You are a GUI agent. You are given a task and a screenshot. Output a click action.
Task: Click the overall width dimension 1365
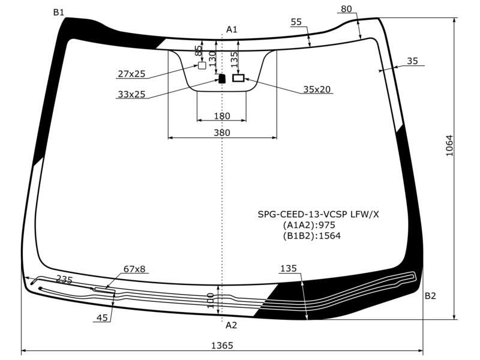(222, 346)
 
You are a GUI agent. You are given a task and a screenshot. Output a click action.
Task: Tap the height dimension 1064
(449, 145)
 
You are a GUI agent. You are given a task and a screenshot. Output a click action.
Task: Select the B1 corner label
(58, 12)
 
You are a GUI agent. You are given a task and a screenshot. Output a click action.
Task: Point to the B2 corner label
(430, 296)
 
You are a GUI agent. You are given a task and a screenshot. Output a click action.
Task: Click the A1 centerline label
(232, 29)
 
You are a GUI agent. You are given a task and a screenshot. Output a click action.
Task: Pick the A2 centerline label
(231, 325)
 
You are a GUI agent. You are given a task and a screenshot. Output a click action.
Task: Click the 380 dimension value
(222, 133)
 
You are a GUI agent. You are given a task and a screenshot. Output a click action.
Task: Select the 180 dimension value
(222, 116)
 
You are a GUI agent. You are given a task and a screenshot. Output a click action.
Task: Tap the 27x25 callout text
(131, 74)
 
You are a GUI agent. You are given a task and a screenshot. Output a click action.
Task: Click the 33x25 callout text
(131, 94)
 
